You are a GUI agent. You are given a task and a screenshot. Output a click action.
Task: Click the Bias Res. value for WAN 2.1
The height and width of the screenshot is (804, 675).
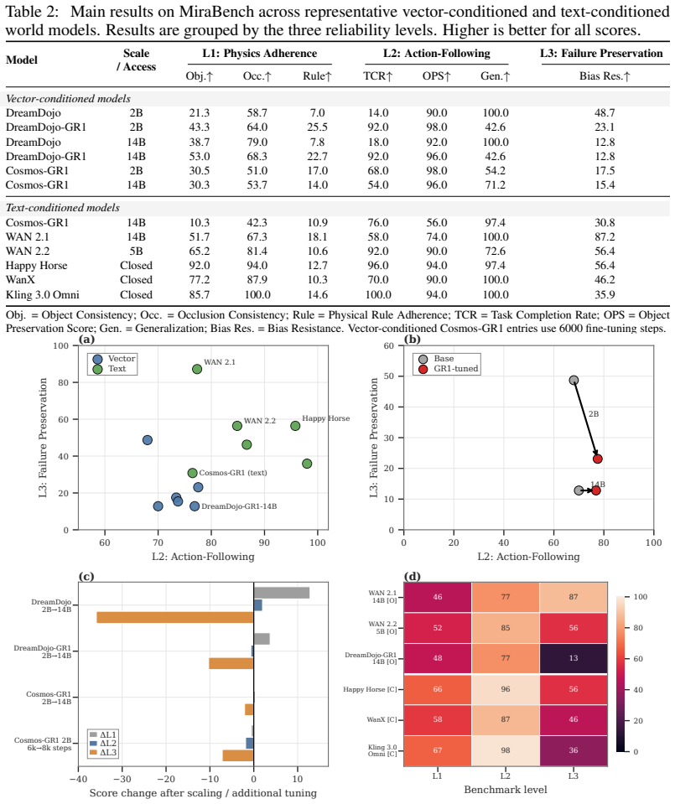coord(605,237)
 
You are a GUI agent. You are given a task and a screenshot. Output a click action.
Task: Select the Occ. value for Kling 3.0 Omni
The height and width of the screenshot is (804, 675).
coord(257,295)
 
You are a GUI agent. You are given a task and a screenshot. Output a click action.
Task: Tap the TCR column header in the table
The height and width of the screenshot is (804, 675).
coord(378,76)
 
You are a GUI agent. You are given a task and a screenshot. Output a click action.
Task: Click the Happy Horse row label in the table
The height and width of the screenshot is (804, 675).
coord(36,266)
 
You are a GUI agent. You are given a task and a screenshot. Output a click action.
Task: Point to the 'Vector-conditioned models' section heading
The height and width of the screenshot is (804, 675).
coord(68,98)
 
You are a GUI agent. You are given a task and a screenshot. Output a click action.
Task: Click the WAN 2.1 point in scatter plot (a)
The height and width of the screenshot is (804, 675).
coord(197,369)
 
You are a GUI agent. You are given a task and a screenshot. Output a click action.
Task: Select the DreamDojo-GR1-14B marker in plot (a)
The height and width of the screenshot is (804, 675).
coord(195,506)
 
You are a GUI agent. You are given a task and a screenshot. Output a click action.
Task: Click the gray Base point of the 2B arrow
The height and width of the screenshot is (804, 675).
coord(574,381)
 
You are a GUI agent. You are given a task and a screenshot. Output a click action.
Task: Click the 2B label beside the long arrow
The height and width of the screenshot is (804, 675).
coord(594,414)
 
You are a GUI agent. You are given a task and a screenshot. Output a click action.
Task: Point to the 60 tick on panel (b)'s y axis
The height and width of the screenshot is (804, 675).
coord(389,345)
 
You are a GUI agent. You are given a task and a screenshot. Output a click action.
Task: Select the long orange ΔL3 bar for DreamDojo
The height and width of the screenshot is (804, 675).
coord(175,617)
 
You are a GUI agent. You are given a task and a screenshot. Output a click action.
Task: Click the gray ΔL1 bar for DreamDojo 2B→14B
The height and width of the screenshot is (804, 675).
coord(282,593)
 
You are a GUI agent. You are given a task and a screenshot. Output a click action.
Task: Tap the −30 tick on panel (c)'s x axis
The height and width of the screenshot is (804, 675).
coord(122,778)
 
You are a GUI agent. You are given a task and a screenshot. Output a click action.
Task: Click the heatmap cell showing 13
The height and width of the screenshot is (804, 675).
coord(574,658)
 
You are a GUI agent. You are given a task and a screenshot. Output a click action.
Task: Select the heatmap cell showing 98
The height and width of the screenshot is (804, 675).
coord(506,750)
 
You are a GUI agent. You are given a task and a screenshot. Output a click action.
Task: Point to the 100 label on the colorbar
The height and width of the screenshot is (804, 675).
coord(641,597)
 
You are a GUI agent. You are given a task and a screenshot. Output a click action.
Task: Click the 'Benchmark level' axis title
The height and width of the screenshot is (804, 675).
coord(506,790)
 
